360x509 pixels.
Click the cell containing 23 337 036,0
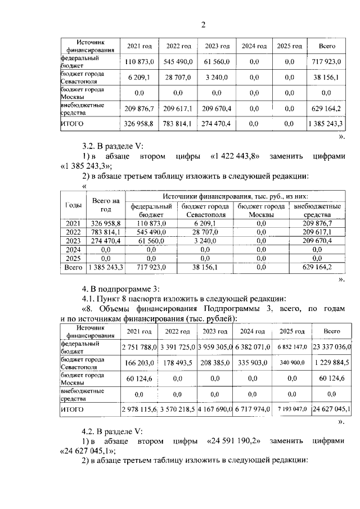[x=328, y=347]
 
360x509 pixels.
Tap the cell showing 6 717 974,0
[x=254, y=409]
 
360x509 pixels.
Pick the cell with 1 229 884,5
[x=328, y=363]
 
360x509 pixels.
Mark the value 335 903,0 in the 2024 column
[x=254, y=363]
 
